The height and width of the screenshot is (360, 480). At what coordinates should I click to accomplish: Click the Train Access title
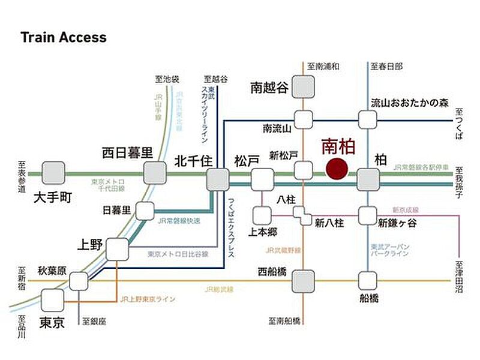click(64, 37)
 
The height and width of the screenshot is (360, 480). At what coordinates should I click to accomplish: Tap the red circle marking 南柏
click(335, 170)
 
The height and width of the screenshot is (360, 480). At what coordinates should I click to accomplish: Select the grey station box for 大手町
click(53, 172)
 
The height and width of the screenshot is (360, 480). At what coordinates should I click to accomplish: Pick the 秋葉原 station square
click(79, 280)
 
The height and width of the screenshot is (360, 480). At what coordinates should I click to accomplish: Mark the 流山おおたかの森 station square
click(368, 118)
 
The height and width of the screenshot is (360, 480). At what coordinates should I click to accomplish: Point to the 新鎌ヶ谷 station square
click(368, 214)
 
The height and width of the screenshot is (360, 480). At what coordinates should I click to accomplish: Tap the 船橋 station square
click(368, 280)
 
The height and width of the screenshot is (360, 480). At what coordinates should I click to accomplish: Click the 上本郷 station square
click(262, 215)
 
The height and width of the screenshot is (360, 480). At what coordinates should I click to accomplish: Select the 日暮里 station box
click(145, 211)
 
